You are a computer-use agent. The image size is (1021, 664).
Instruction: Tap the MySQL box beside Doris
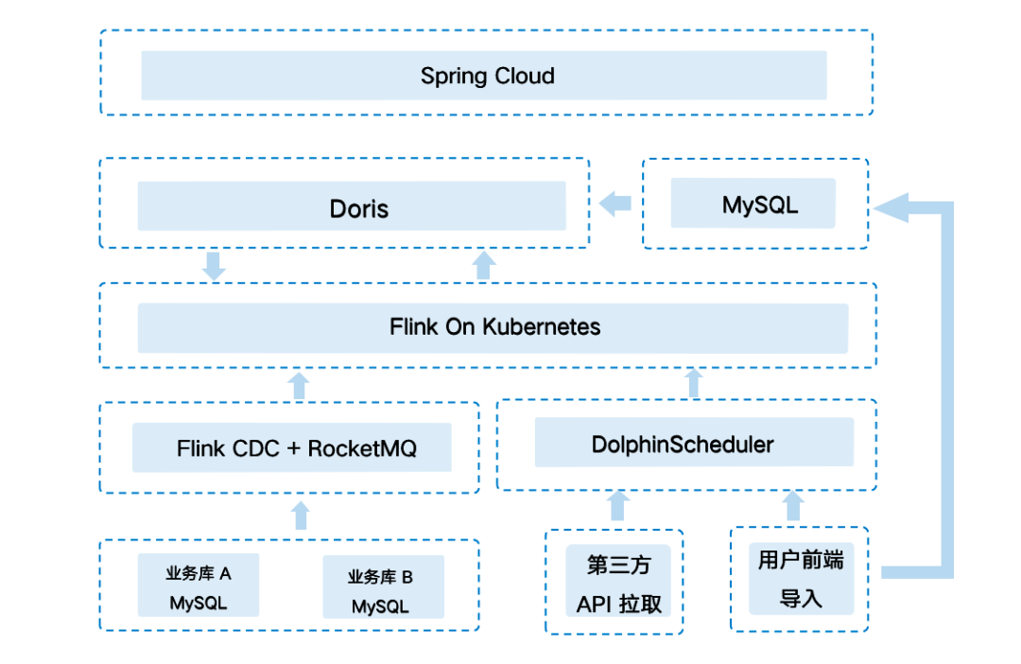tap(753, 203)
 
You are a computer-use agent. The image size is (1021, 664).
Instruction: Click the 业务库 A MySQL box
tap(199, 585)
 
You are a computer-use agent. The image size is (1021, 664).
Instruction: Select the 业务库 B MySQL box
tap(383, 588)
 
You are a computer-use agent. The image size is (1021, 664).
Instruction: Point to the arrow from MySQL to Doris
tap(615, 202)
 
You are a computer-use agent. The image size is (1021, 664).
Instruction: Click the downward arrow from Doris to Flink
tap(215, 266)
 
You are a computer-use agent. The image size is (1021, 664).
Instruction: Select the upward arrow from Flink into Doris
tap(484, 265)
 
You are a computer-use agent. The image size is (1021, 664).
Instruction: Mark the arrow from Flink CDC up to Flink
tap(300, 385)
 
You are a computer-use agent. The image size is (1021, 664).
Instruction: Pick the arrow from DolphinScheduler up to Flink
tap(694, 383)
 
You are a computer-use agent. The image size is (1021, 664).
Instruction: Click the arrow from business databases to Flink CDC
tap(301, 515)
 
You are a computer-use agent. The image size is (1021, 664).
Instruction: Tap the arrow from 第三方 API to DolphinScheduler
tap(618, 506)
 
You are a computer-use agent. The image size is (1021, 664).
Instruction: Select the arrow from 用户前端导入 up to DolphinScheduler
tap(793, 506)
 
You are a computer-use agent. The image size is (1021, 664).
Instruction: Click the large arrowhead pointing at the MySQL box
tap(893, 207)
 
